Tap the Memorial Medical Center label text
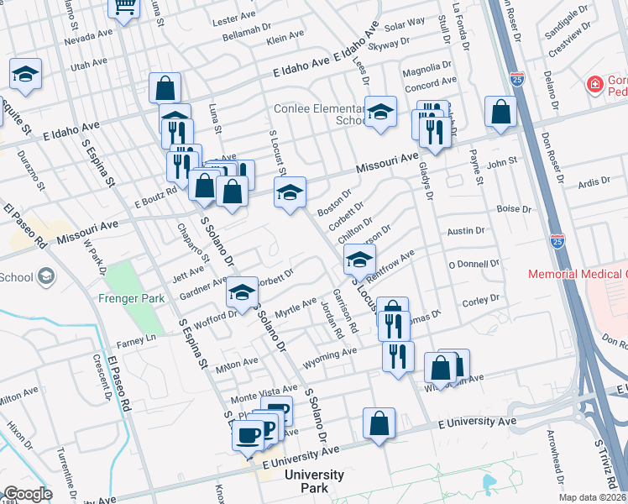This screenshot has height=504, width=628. coord(578,275)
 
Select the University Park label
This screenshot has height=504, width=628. coord(314,481)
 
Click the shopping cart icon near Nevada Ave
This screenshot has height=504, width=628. coord(123,8)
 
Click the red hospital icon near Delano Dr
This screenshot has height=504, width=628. coord(595,85)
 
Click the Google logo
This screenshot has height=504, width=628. coord(28,494)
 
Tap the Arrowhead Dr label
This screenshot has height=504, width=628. coord(555,455)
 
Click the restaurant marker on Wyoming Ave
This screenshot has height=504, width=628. coord(398,355)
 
